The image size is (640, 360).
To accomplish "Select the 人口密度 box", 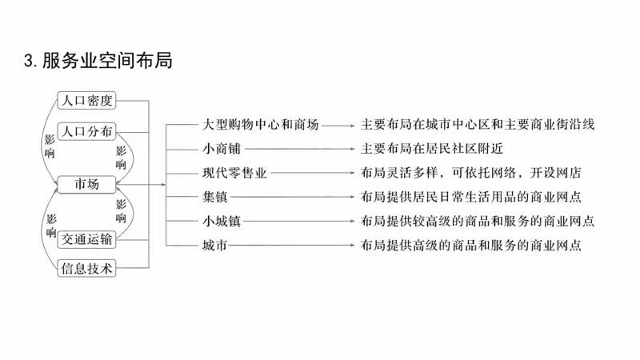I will [x=87, y=101].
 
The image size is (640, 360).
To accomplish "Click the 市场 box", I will [x=87, y=184].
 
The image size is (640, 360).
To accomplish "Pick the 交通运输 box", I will [x=87, y=238].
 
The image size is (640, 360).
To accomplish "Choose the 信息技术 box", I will [x=87, y=269].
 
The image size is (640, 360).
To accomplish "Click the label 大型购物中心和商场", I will [x=261, y=125].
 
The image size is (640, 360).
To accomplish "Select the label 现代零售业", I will [x=233, y=173].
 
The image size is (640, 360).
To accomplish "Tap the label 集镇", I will [x=214, y=197].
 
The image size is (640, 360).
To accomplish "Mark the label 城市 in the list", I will [x=214, y=245].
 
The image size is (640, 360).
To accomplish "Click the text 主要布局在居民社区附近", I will [x=431, y=149].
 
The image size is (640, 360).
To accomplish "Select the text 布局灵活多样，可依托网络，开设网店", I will [x=470, y=173].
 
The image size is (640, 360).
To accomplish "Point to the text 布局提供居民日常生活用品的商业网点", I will [x=470, y=197].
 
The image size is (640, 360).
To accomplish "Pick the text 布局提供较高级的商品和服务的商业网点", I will [x=477, y=221].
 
